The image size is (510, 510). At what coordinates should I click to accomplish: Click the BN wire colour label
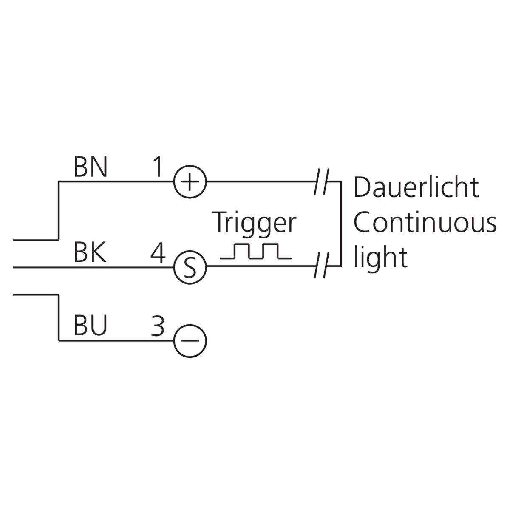tap(91, 167)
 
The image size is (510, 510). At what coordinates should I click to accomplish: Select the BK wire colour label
tap(90, 253)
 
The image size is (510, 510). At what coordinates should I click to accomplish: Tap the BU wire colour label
tap(91, 326)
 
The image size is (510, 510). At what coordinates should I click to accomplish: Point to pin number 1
tap(157, 167)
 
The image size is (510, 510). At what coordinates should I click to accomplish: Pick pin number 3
tap(157, 326)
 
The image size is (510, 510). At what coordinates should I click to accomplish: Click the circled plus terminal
tap(190, 182)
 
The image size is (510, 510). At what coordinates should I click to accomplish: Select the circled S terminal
tap(190, 268)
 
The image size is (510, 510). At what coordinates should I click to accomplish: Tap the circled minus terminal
tap(190, 340)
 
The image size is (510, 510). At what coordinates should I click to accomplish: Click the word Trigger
tap(255, 223)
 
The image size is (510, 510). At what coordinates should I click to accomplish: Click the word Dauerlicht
tap(416, 187)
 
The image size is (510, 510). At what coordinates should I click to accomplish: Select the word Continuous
tap(425, 223)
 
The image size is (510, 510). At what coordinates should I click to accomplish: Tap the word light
tap(380, 258)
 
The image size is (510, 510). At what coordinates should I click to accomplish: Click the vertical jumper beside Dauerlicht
tap(341, 224)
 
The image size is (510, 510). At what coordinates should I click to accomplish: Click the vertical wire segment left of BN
tap(58, 211)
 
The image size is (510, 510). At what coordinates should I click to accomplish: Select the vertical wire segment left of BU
tap(58, 317)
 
